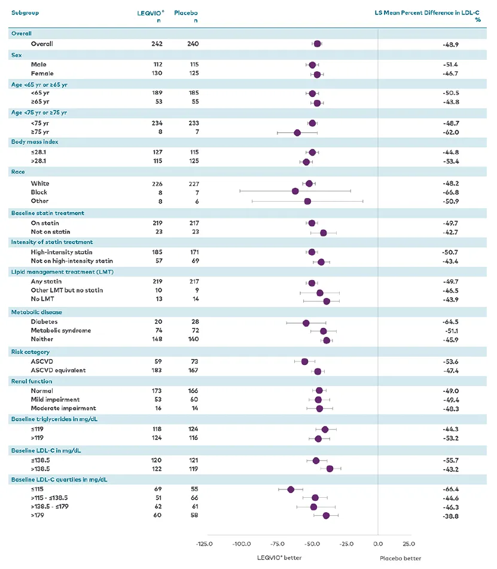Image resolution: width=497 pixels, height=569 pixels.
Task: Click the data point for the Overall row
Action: pos(317,44)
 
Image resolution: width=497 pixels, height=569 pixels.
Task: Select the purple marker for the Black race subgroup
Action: pos(295,191)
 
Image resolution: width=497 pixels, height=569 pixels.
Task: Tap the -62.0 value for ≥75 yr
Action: pos(450,132)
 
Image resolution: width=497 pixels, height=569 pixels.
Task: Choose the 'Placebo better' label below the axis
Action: pos(401,558)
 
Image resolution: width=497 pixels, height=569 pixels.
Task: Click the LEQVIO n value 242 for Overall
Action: pos(157,44)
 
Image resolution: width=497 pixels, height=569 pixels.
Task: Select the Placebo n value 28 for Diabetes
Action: pos(195,322)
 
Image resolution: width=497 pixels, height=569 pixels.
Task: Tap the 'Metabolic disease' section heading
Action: pos(36,312)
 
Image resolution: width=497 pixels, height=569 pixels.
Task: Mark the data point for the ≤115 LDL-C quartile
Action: pos(291,489)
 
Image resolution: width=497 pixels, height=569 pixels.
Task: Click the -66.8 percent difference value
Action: pos(450,192)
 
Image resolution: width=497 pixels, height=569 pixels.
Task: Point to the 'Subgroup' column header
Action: pos(24,12)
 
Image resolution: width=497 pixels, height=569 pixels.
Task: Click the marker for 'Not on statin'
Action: pos(324,232)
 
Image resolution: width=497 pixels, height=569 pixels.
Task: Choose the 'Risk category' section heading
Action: pos(31,352)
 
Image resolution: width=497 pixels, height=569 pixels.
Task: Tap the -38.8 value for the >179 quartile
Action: pos(450,516)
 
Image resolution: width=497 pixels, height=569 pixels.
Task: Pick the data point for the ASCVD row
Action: pos(304,361)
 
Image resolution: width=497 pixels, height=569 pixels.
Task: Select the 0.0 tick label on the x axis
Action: pos(378,544)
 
